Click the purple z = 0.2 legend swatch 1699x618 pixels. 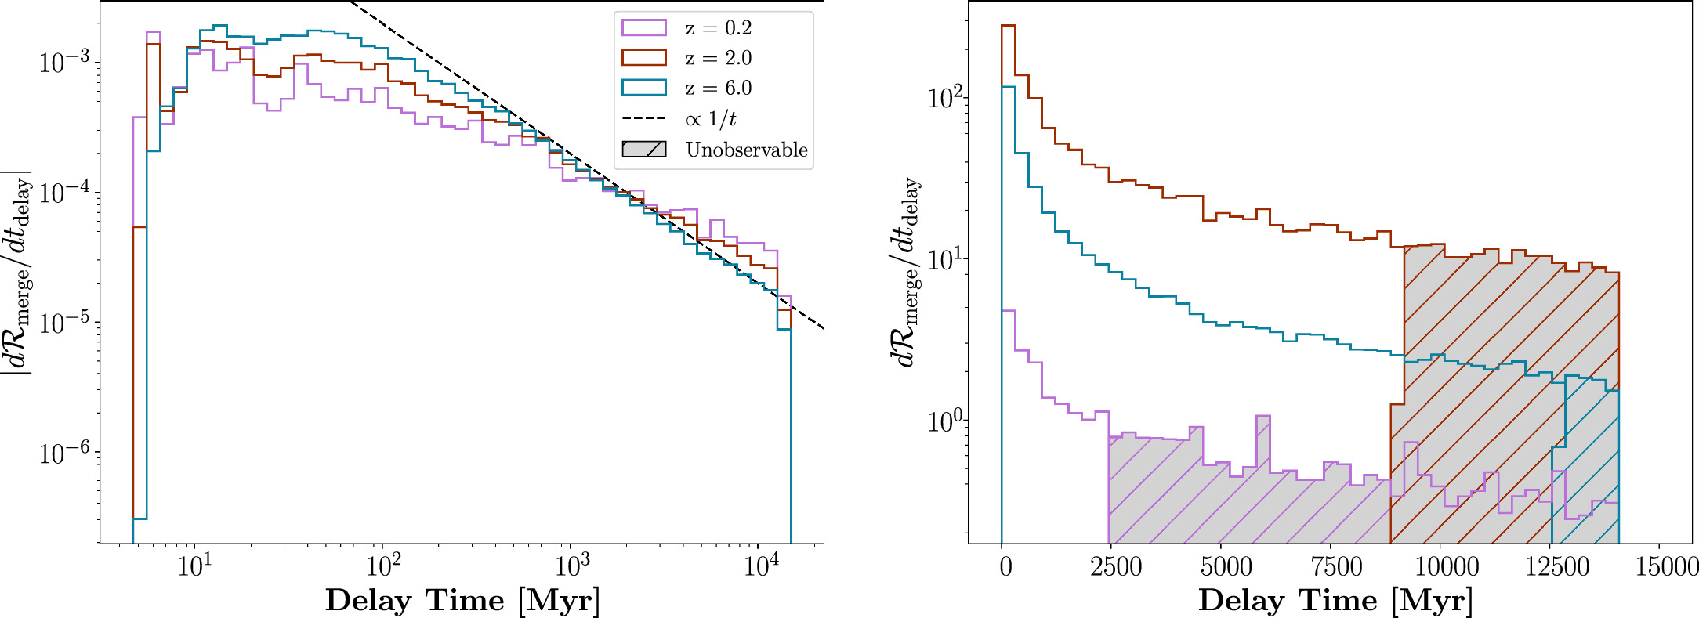(x=643, y=28)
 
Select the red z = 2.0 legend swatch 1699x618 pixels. (x=643, y=58)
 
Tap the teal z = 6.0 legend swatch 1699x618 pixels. (x=643, y=88)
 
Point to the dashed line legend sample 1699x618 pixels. (x=643, y=119)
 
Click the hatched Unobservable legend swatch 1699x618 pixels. (x=643, y=150)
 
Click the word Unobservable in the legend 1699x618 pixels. (x=746, y=150)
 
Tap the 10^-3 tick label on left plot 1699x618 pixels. (x=63, y=63)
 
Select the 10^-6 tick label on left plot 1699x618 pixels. (x=63, y=453)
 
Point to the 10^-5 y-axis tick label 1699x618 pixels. (x=63, y=323)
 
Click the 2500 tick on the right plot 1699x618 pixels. (x=1116, y=566)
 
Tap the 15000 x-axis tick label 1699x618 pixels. (x=1666, y=566)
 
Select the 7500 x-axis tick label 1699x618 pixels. (x=1336, y=566)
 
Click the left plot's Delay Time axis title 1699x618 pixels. (x=462, y=601)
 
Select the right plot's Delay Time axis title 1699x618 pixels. (x=1335, y=601)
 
